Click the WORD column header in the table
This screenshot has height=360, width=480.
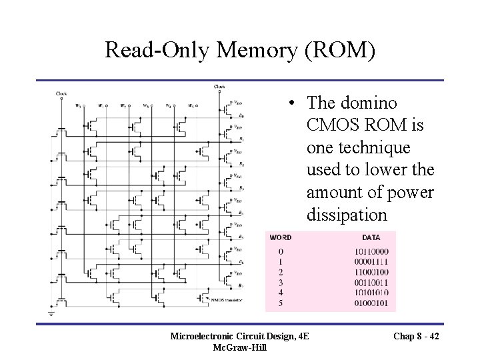pyautogui.click(x=279, y=237)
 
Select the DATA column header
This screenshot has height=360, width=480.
pyautogui.click(x=371, y=237)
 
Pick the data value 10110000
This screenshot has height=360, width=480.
pyautogui.click(x=372, y=251)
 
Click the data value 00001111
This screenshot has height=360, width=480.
pyautogui.click(x=372, y=261)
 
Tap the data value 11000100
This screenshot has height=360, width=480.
pyautogui.click(x=372, y=271)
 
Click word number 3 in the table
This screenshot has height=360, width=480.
pyautogui.click(x=281, y=282)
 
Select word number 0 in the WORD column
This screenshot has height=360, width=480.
pyautogui.click(x=281, y=251)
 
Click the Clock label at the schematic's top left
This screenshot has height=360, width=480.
pyautogui.click(x=61, y=94)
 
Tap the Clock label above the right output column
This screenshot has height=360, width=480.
pyautogui.click(x=219, y=87)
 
